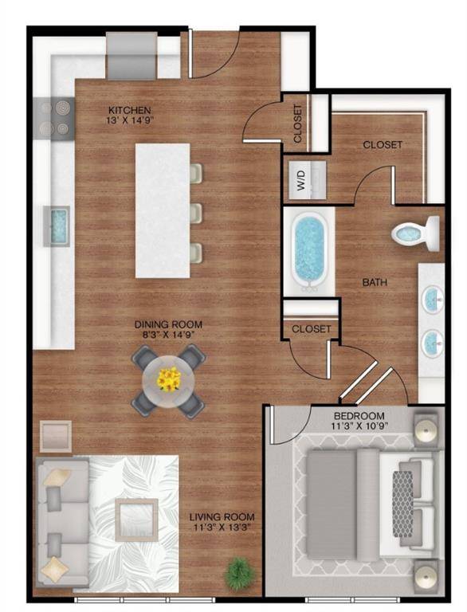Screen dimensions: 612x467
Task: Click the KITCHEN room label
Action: point(130,110)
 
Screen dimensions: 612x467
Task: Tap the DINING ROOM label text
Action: point(167,324)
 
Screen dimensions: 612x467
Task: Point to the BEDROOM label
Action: point(359,416)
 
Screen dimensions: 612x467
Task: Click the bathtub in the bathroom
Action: point(309,247)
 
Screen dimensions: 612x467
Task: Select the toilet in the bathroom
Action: point(417,233)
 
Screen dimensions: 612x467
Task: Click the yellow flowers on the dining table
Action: point(168,379)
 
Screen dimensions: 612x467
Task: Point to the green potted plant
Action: point(237,571)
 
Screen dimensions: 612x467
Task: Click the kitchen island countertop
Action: point(163,210)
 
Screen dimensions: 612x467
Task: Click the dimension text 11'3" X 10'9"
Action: point(359,427)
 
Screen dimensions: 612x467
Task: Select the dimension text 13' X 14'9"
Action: point(130,121)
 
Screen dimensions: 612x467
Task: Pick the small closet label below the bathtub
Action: point(311,328)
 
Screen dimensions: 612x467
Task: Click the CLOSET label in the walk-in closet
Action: point(383,145)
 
